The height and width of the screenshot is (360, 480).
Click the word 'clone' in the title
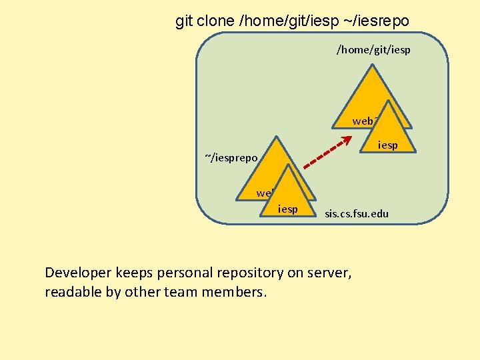coord(212,21)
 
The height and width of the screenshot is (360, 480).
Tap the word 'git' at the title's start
coord(183,21)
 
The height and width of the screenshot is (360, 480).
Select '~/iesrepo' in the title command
coord(377,21)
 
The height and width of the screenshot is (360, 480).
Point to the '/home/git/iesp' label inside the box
coord(373,50)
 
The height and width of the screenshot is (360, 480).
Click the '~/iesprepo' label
coord(231,158)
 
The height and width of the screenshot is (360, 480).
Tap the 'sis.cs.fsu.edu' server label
coord(357,214)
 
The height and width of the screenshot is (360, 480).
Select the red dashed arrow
coord(327,153)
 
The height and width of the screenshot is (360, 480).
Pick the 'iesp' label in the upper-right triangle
coord(387,145)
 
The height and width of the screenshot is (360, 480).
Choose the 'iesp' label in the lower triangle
coord(288,209)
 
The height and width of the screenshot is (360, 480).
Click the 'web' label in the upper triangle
coord(364,121)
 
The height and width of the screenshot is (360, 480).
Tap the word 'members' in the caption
coord(237,293)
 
